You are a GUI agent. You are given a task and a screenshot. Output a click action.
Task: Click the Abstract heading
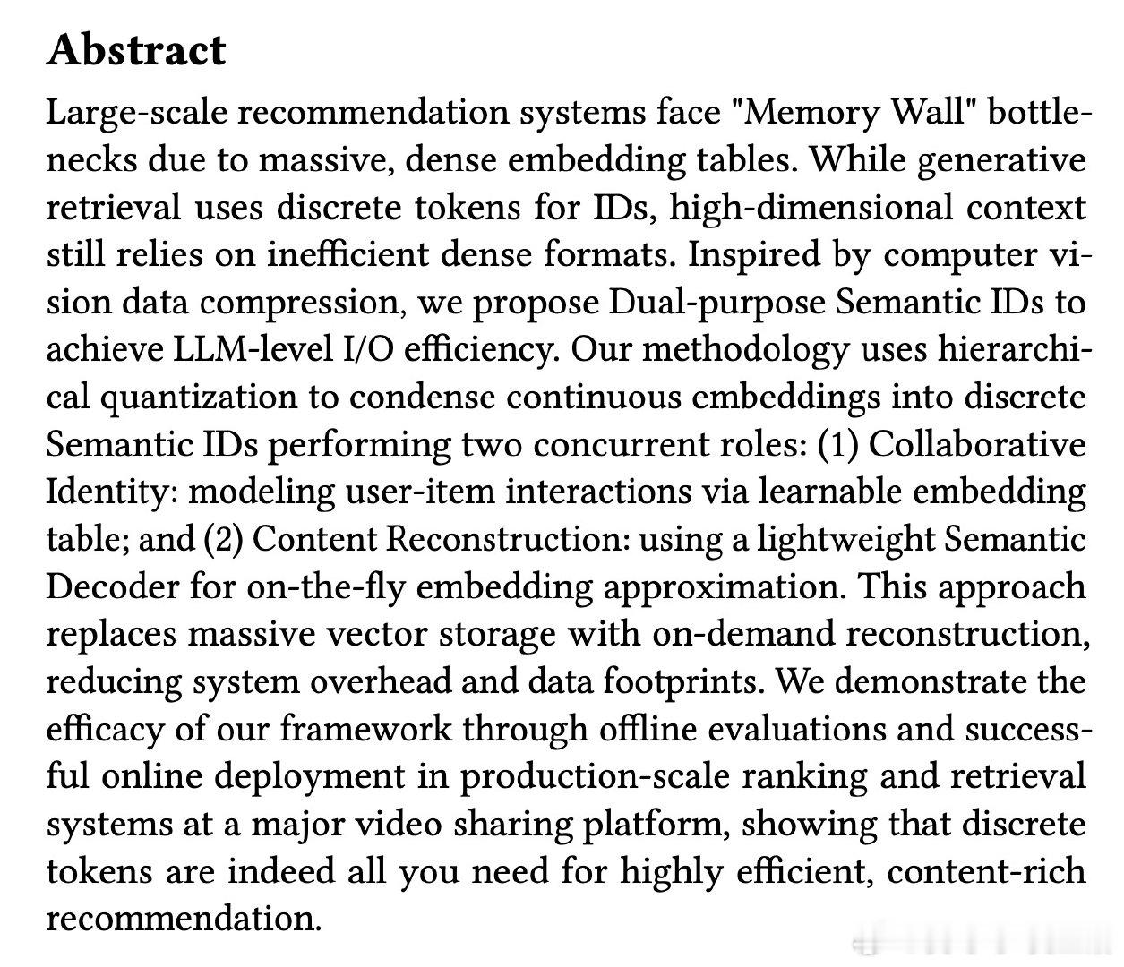[x=136, y=50]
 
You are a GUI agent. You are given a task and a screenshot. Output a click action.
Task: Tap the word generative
[x=1001, y=161]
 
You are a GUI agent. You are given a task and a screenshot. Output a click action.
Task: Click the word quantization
[x=199, y=398]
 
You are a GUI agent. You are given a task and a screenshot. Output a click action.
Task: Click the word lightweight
[x=845, y=540]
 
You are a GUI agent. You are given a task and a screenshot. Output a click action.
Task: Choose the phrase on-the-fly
[x=326, y=587]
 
